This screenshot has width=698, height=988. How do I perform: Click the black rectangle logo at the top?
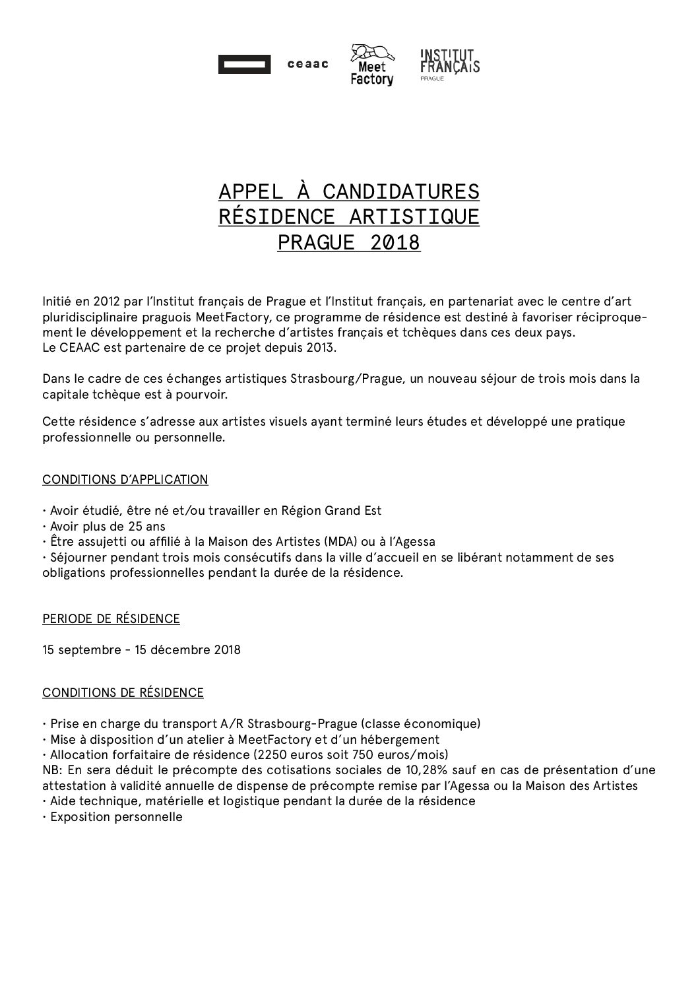click(244, 65)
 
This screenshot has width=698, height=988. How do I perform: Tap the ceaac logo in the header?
click(307, 65)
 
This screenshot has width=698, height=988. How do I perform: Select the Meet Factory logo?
click(371, 65)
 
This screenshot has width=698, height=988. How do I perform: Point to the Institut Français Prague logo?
click(450, 64)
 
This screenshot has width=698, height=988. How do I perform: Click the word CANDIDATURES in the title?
click(401, 191)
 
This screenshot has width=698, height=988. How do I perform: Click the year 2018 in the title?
click(395, 242)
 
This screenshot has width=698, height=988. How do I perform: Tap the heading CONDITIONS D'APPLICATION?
click(125, 480)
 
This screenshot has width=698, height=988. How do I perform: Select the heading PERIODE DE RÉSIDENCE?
click(111, 619)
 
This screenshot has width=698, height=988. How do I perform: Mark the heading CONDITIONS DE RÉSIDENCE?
click(123, 692)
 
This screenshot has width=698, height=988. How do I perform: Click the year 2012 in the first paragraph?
click(106, 302)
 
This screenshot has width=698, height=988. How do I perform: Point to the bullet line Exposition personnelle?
click(115, 817)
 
